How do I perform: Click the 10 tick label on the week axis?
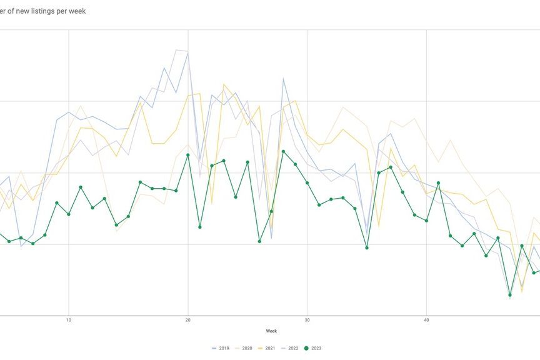69,320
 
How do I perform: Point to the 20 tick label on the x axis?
187,320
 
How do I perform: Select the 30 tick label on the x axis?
307,320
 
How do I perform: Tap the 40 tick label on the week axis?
426,320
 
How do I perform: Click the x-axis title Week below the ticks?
271,331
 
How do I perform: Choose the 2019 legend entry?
224,348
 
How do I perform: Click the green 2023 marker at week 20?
187,155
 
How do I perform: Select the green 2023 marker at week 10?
69,214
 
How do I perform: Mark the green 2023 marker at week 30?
307,182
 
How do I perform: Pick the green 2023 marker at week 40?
426,221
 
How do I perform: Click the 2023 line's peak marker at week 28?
283,151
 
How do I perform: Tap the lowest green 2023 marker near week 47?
510,294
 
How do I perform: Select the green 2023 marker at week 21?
200,227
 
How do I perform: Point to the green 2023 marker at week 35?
367,247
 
